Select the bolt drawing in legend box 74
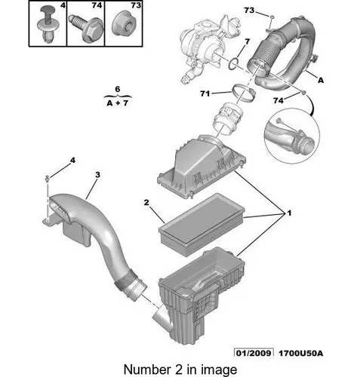[x=85, y=26]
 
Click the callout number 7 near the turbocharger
[x=248, y=41]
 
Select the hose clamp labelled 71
[x=243, y=93]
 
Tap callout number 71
[x=205, y=93]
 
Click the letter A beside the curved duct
[x=321, y=81]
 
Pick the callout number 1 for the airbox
[x=289, y=213]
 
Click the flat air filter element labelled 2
[x=202, y=224]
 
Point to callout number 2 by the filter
[x=146, y=202]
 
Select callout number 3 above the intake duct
[x=97, y=174]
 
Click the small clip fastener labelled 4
[x=47, y=178]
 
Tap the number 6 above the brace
[x=118, y=89]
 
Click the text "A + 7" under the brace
[x=117, y=103]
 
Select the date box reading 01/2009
[x=254, y=353]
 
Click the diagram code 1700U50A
[x=300, y=354]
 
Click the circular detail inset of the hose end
[x=292, y=136]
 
